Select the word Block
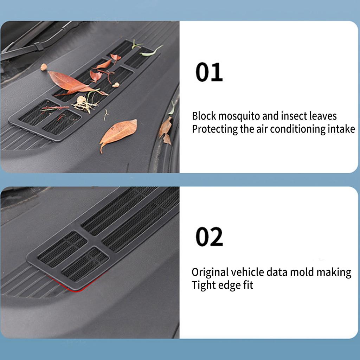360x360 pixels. point(204,116)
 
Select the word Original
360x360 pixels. point(210,272)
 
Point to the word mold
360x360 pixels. point(303,272)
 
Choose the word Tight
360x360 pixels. point(203,285)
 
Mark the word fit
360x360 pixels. point(247,285)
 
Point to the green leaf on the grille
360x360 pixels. point(151,52)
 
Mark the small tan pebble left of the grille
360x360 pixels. point(44,67)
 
